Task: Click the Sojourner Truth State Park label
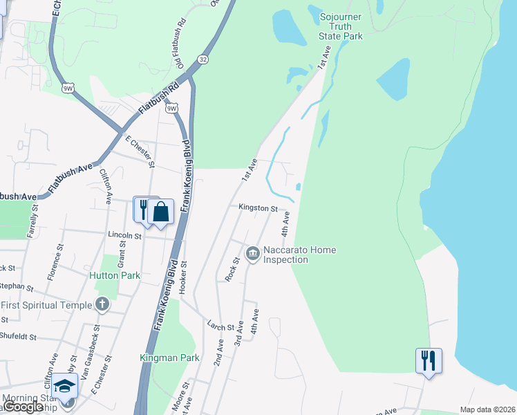(x=340, y=26)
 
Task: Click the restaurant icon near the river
(x=429, y=360)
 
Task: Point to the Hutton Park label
(x=115, y=275)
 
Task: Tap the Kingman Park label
(x=169, y=358)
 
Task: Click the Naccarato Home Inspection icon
(x=253, y=254)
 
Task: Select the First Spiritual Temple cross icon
(x=102, y=304)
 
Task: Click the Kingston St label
(x=258, y=207)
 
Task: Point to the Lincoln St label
(x=124, y=235)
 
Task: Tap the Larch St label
(x=221, y=324)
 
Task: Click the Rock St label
(x=232, y=269)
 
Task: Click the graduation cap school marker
(x=64, y=386)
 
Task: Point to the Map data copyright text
(x=487, y=409)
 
